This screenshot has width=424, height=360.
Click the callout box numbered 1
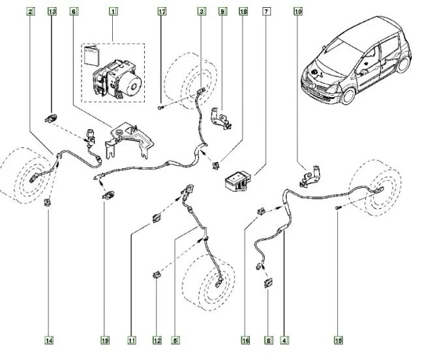pos(114,12)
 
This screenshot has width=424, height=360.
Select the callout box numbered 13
pos(52,12)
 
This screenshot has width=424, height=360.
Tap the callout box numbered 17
pos(162,12)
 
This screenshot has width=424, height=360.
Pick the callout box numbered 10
pos(298,12)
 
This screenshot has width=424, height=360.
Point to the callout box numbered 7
pos(266,12)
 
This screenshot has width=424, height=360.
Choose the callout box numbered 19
pos(105,340)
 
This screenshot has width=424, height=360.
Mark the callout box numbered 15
pos(338,340)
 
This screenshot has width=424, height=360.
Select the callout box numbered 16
pos(245,340)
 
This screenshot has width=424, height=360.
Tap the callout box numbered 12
pos(157,340)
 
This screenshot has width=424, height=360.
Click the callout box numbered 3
pos(202,12)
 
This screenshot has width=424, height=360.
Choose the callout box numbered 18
pos(243,12)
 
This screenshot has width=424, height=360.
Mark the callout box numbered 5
pos(175,340)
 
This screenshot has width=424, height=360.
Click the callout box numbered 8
pos(267,340)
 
